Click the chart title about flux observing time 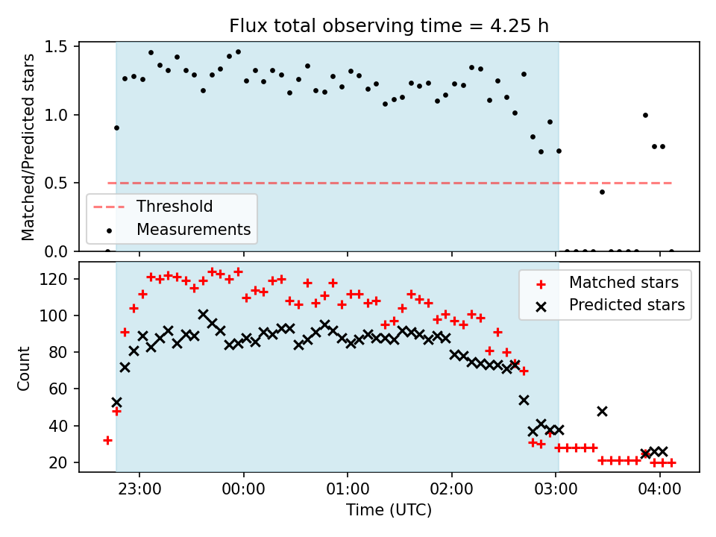click(x=389, y=26)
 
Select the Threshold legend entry click(x=153, y=207)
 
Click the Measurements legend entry click(x=179, y=229)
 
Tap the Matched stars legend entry click(x=607, y=283)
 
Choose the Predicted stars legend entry click(x=610, y=305)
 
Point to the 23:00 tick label click(x=139, y=489)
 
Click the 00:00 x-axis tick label click(x=243, y=489)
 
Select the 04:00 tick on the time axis click(x=659, y=489)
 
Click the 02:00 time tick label click(x=452, y=489)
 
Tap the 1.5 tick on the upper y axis click(x=56, y=46)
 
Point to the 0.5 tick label click(x=56, y=183)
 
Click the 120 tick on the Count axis click(x=54, y=279)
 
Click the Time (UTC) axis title click(x=389, y=509)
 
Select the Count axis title click(x=23, y=368)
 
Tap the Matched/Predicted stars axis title click(x=28, y=147)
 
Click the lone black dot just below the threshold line click(x=603, y=192)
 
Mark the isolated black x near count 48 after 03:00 click(x=603, y=412)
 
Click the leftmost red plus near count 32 click(x=107, y=441)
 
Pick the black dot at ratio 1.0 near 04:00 click(x=645, y=115)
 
